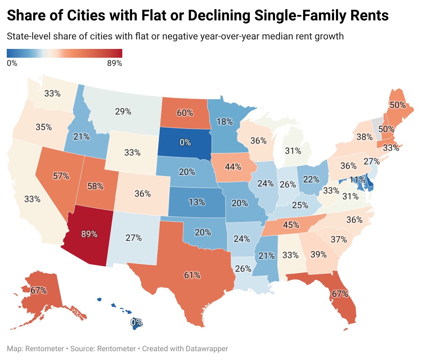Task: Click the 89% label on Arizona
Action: click(x=89, y=234)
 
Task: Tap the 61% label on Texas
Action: click(x=192, y=275)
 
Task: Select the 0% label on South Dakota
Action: click(x=185, y=142)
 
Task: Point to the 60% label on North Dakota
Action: click(x=185, y=113)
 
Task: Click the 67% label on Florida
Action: click(x=340, y=294)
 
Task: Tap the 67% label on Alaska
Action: click(x=38, y=291)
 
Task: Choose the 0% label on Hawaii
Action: click(x=136, y=322)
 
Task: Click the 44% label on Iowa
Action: click(x=233, y=167)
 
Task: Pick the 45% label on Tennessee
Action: click(x=291, y=225)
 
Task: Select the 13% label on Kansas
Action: click(x=197, y=202)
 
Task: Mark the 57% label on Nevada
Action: click(x=61, y=176)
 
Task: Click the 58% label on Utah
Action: click(x=95, y=186)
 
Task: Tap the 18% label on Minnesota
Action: click(x=225, y=122)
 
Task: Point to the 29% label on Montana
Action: click(x=123, y=111)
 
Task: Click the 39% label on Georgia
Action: click(x=318, y=254)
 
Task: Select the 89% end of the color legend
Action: click(x=115, y=63)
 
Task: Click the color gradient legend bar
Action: click(x=65, y=53)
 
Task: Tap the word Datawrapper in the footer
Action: click(x=207, y=349)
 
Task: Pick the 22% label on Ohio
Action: click(x=311, y=179)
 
